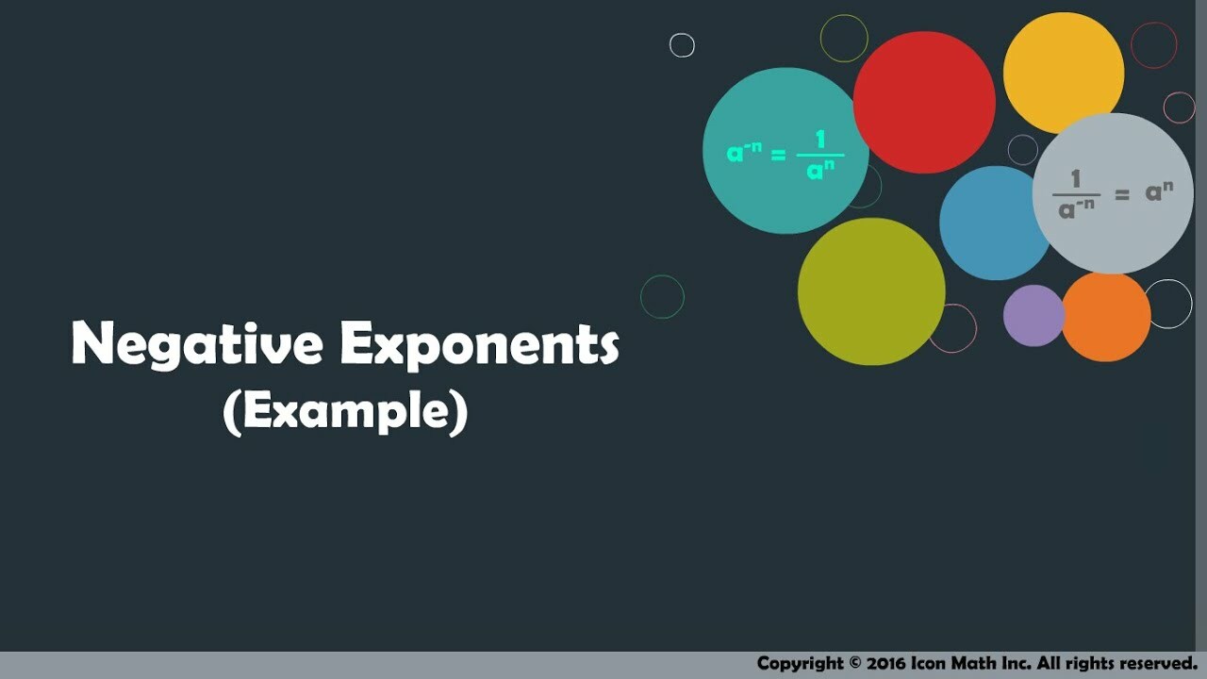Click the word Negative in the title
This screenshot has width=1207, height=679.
(197, 344)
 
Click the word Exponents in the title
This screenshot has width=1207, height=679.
(480, 345)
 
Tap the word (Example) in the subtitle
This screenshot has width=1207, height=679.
(345, 412)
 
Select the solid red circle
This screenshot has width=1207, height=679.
(924, 103)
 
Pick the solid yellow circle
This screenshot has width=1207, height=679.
(1064, 73)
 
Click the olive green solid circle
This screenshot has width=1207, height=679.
(871, 291)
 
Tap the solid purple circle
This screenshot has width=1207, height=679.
(1034, 316)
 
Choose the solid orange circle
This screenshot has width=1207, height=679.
(1106, 317)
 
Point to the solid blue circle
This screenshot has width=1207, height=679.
(996, 224)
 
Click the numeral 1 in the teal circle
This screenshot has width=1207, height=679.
(820, 140)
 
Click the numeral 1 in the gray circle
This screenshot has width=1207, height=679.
(1076, 179)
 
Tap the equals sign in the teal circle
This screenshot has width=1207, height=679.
(779, 156)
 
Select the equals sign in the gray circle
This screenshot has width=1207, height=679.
(1122, 194)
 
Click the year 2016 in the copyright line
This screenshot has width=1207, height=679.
(886, 662)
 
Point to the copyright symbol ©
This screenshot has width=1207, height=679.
(855, 662)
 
